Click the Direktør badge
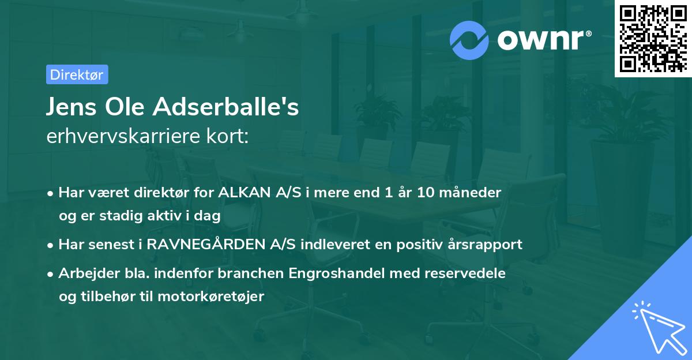[x=77, y=74]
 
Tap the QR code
[x=652, y=39]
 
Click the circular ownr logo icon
[x=469, y=40]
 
